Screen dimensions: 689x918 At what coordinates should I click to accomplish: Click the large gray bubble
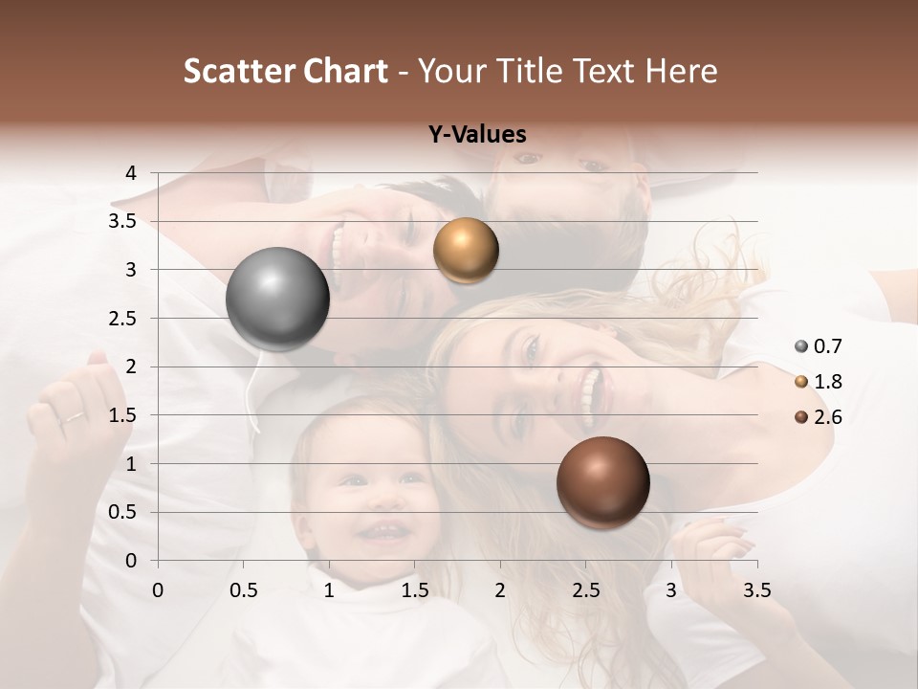coord(277,299)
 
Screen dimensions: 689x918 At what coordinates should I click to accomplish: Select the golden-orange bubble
coord(466,251)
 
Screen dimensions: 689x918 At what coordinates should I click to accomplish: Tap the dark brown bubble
coord(602,482)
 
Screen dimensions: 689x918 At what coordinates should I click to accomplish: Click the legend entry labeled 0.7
coord(819,346)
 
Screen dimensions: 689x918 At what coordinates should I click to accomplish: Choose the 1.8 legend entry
coord(819,382)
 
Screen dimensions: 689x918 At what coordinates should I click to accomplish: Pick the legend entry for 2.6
coord(819,417)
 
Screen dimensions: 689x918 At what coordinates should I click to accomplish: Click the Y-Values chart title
coord(476,134)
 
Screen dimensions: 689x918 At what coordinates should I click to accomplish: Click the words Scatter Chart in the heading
coord(285,71)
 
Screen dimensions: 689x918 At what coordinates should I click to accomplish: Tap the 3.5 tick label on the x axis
coord(756,589)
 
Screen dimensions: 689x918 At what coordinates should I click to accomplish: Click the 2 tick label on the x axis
coord(500,589)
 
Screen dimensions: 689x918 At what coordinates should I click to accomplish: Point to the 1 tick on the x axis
coord(329,589)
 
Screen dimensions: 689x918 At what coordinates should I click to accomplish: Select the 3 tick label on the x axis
coord(671,589)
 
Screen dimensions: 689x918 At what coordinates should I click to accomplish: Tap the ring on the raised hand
coord(73,416)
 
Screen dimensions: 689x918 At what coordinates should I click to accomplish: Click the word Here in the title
coord(681,71)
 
